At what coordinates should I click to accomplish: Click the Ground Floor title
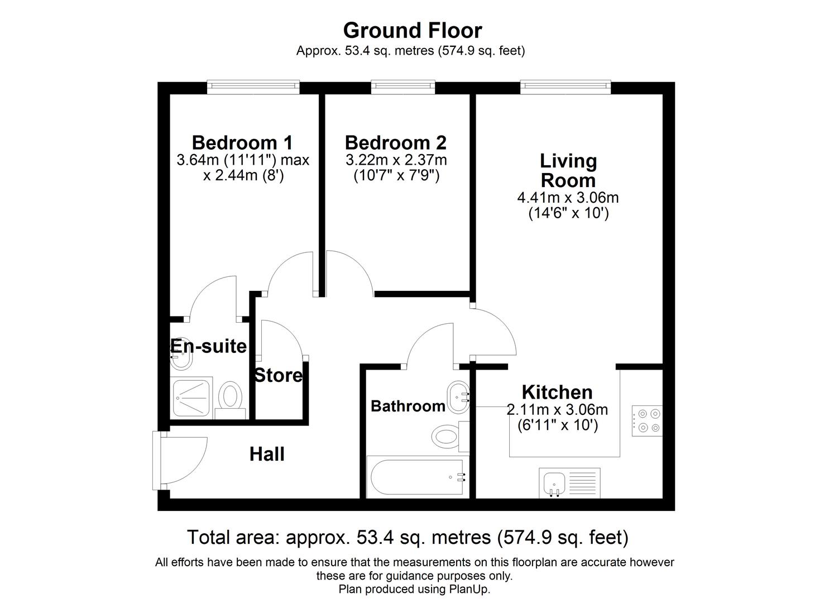(412, 30)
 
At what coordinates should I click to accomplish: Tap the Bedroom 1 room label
(242, 142)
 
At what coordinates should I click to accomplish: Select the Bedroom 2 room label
(395, 142)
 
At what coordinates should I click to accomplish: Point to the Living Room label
(568, 170)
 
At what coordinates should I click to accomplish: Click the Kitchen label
(557, 392)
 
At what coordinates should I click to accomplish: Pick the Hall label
(267, 454)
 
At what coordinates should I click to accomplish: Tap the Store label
(278, 375)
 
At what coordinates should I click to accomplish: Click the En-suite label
(208, 346)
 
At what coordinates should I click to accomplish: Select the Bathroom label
(408, 406)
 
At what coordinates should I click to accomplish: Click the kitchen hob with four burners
(647, 421)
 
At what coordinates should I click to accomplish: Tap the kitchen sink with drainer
(569, 482)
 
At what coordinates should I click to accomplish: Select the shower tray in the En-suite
(192, 397)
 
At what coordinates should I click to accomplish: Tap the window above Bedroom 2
(402, 85)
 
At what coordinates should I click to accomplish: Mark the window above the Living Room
(565, 85)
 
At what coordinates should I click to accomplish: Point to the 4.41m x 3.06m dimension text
(568, 198)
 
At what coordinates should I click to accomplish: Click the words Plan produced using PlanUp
(414, 589)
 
